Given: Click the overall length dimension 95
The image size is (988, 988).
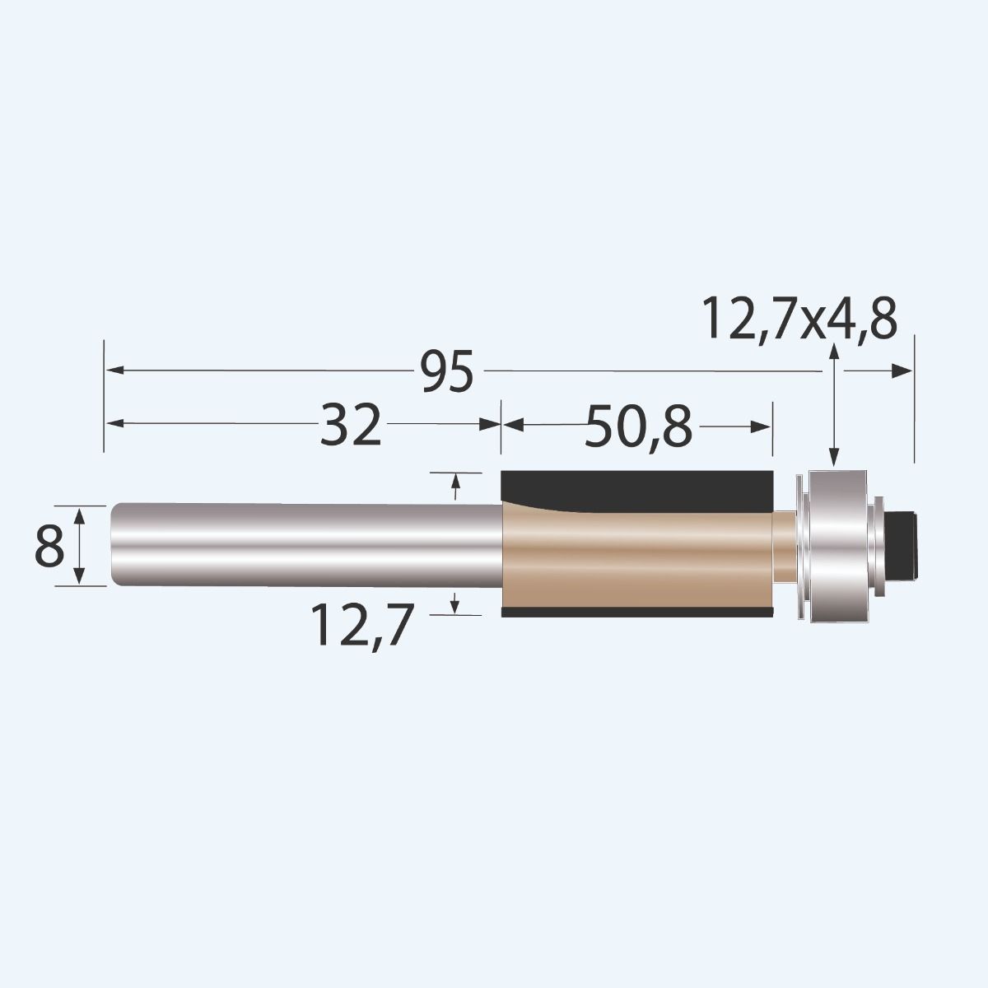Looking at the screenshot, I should tap(448, 372).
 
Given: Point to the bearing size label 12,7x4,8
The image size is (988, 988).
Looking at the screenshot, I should tap(799, 319).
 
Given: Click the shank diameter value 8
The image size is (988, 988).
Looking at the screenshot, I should tap(49, 547).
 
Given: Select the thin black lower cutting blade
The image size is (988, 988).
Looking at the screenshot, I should tap(637, 613).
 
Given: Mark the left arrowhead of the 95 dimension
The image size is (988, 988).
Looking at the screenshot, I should tap(115, 371).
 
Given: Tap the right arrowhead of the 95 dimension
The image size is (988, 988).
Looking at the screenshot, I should tap(903, 371).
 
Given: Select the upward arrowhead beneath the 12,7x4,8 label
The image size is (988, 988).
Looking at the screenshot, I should tap(835, 352).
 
